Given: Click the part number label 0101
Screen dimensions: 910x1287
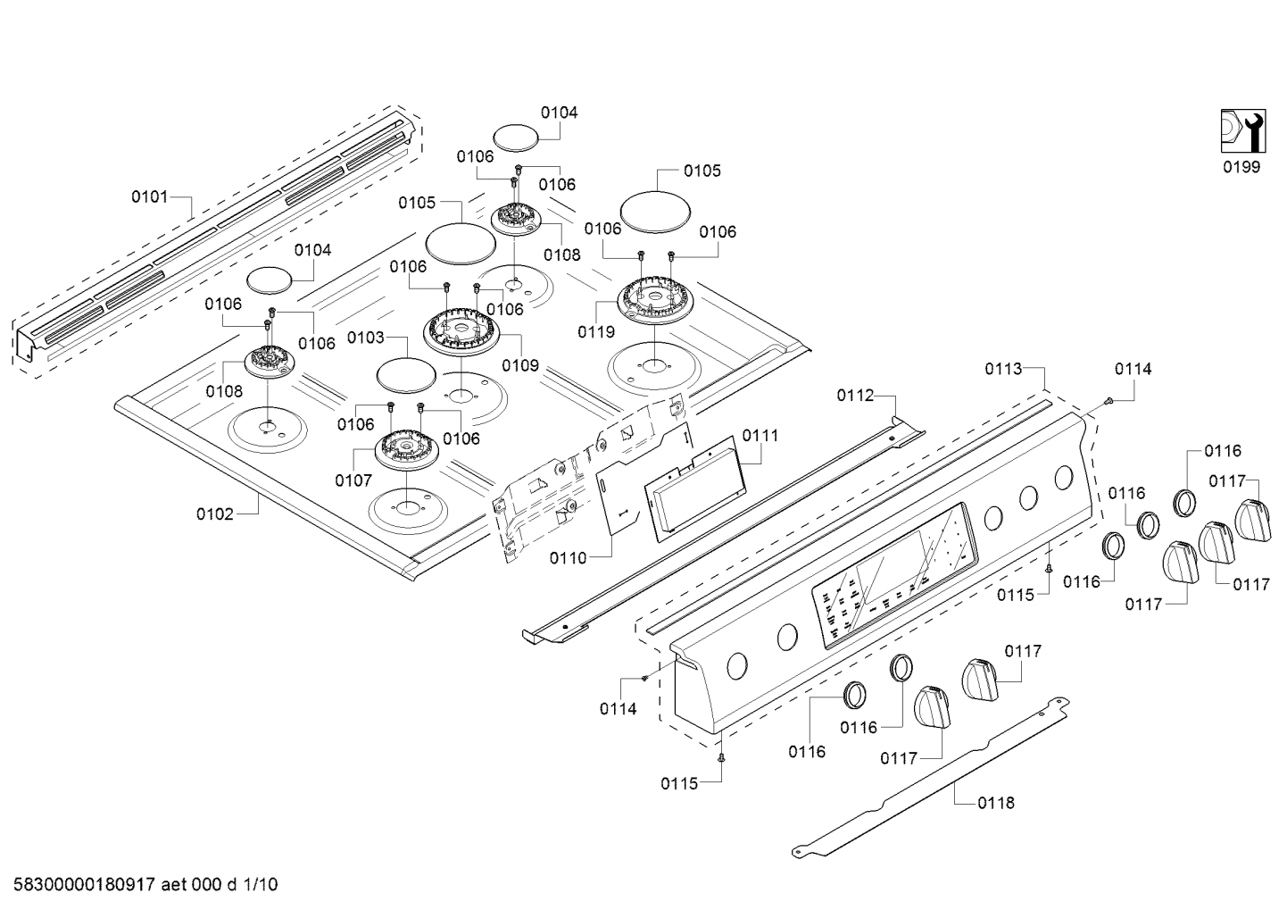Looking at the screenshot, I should (149, 196).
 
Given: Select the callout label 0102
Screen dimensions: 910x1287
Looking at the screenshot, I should (214, 513).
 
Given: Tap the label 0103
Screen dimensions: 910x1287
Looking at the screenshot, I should (366, 338).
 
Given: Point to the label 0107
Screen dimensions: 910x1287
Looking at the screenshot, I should (353, 480).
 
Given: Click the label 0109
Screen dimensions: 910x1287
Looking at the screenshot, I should (519, 364).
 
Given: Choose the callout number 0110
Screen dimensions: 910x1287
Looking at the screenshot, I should (568, 558).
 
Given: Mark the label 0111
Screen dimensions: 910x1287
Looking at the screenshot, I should (760, 436).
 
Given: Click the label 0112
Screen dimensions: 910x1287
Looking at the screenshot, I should (854, 395).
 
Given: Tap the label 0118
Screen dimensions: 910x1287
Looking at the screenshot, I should (995, 803).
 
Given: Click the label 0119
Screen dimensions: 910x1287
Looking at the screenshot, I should (596, 332).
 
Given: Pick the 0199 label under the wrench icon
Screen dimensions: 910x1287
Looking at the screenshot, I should (1241, 167).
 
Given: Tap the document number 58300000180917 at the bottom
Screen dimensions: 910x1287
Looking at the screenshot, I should (85, 885).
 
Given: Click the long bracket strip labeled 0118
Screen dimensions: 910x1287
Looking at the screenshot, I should (928, 772).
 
